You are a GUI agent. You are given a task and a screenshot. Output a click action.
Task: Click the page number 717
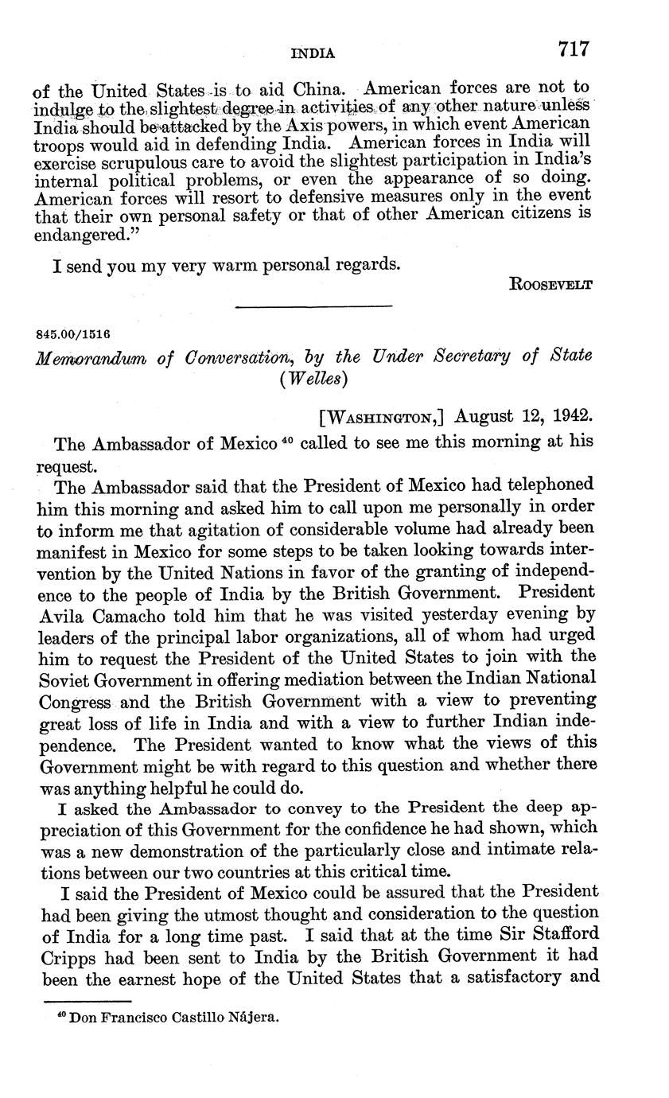(573, 49)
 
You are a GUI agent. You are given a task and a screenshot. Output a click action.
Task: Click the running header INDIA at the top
(313, 53)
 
